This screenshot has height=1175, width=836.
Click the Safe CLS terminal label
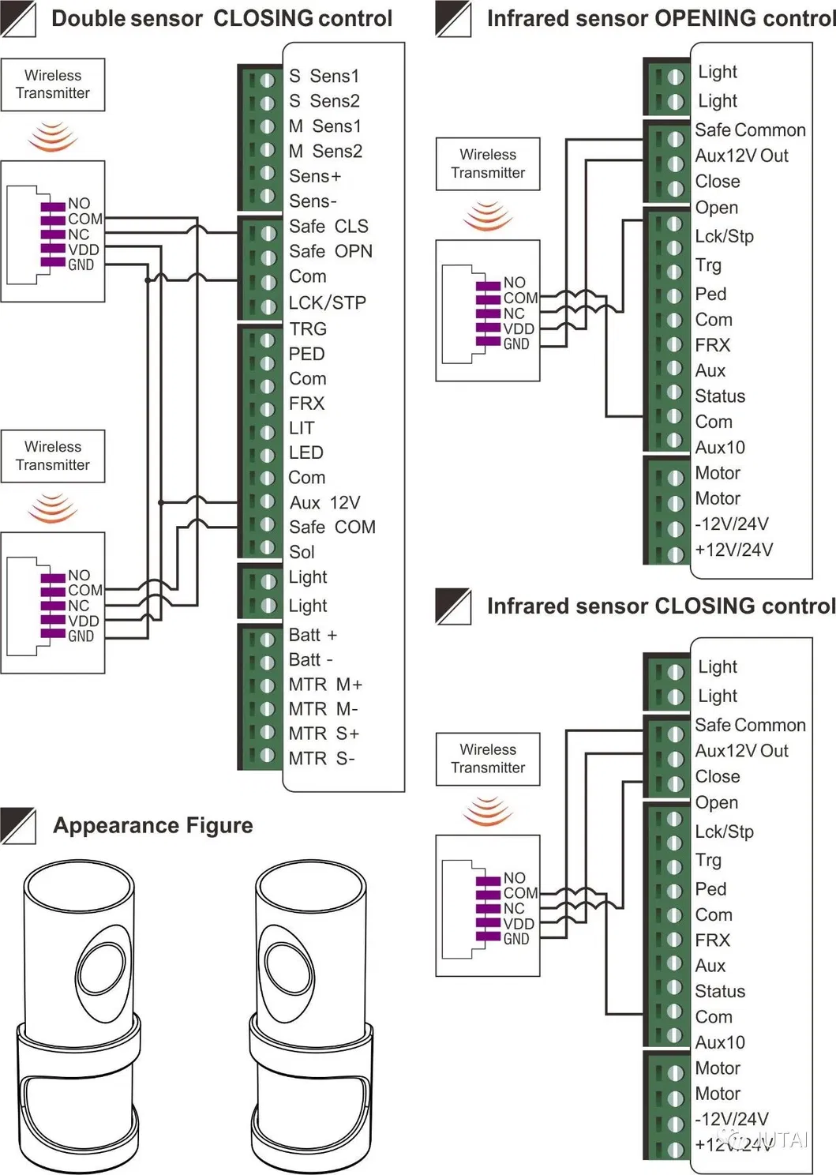[328, 227]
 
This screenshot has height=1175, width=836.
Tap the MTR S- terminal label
[321, 759]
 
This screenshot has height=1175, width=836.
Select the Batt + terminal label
[313, 635]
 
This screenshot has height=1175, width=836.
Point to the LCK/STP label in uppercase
[327, 302]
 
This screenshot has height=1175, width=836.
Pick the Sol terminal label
[302, 552]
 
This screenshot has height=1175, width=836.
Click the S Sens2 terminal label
[324, 101]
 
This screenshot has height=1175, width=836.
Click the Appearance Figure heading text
[153, 825]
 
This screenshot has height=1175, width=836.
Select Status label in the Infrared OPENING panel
[719, 396]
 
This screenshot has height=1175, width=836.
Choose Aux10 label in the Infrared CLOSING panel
[719, 1042]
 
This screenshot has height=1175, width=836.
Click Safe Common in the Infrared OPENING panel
[750, 130]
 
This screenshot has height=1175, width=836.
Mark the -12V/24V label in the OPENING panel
[731, 524]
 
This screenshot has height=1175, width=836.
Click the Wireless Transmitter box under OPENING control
[488, 164]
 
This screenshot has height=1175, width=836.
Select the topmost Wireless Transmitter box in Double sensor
[53, 84]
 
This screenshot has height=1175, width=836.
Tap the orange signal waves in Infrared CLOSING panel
[488, 811]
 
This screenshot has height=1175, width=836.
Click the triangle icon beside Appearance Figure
[18, 826]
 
